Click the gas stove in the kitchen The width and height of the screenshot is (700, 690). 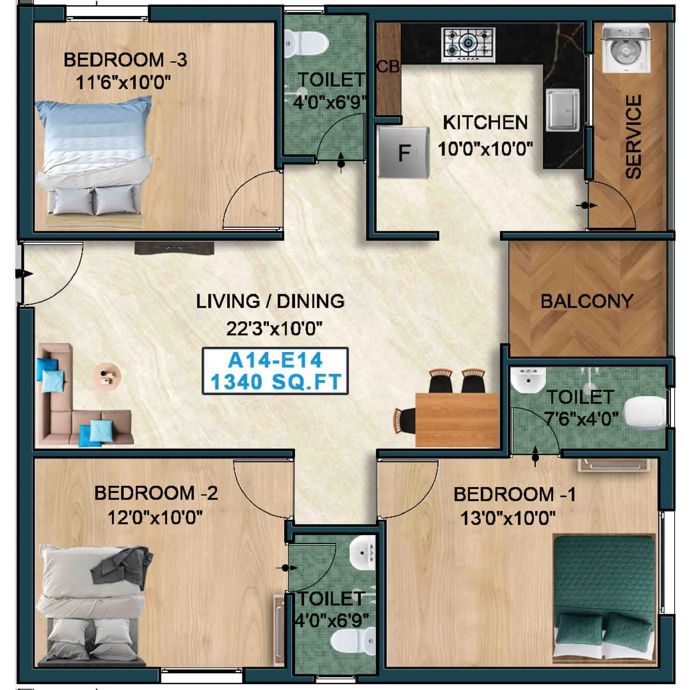[468, 45]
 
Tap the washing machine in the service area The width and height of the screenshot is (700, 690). [625, 49]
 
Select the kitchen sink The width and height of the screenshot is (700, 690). [563, 110]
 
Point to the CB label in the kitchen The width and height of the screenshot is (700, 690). [388, 67]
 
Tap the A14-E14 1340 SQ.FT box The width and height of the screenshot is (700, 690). [275, 371]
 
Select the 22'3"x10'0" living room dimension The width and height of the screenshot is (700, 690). [274, 329]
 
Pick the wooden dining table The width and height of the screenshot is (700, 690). [457, 420]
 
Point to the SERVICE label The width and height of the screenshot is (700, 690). [634, 137]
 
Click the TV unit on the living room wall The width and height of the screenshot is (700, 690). [174, 249]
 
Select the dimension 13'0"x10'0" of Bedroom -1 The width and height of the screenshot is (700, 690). [507, 518]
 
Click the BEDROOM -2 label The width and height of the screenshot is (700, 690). [156, 493]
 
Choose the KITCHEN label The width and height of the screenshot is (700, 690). [485, 122]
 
